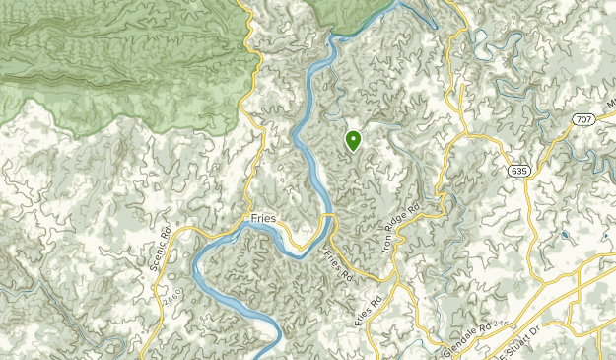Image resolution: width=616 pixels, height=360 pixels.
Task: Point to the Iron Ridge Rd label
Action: pyautogui.click(x=401, y=226)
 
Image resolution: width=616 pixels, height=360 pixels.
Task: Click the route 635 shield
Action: pyautogui.click(x=518, y=171)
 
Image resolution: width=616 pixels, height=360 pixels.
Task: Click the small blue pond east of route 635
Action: pyautogui.click(x=564, y=236)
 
